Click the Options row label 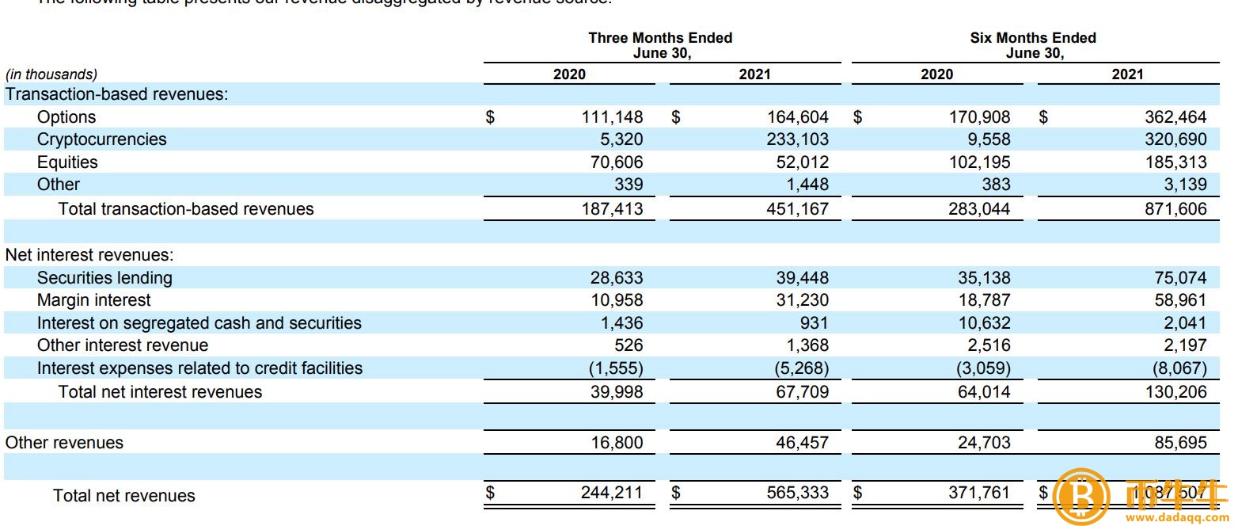[66, 117]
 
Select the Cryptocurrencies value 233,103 [797, 139]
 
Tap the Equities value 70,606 [613, 162]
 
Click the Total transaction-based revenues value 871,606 [1175, 209]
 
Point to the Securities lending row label [104, 278]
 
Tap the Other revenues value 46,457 [802, 443]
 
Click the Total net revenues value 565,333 [797, 493]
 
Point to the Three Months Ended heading [660, 38]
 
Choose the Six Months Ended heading [1033, 38]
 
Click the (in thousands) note [51, 74]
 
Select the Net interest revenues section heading [89, 256]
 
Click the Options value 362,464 [1175, 117]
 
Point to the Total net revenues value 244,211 [613, 493]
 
